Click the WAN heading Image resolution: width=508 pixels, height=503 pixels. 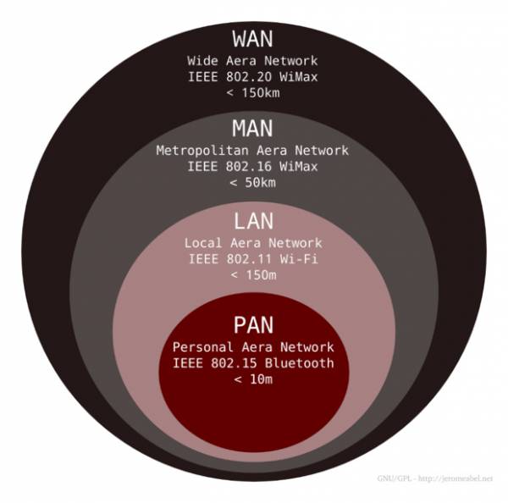pyautogui.click(x=252, y=39)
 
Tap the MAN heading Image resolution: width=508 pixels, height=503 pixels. pyautogui.click(x=252, y=129)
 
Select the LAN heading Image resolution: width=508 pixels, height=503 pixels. pyautogui.click(x=254, y=221)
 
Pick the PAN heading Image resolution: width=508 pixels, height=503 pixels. pyautogui.click(x=254, y=324)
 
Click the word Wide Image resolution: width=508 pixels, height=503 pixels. pyautogui.click(x=202, y=61)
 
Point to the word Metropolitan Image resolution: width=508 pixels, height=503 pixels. pyautogui.click(x=202, y=151)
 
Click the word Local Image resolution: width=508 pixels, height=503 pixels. pyautogui.click(x=203, y=243)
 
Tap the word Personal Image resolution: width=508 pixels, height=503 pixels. pyautogui.click(x=203, y=347)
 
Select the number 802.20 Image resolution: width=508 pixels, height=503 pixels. pyautogui.click(x=249, y=77)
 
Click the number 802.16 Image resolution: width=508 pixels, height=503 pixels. pyautogui.click(x=248, y=167)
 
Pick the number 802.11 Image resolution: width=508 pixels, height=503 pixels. pyautogui.click(x=249, y=259)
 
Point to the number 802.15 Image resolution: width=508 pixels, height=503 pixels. pyautogui.click(x=234, y=363)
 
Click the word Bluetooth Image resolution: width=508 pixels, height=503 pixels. pyautogui.click(x=300, y=363)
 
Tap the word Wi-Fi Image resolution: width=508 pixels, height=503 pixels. pyautogui.click(x=299, y=259)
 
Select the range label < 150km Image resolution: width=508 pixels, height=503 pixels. pyautogui.click(x=253, y=93)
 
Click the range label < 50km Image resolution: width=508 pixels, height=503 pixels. pyautogui.click(x=252, y=182)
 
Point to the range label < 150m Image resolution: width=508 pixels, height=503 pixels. pyautogui.click(x=253, y=275)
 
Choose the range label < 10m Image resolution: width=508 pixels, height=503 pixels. pyautogui.click(x=253, y=379)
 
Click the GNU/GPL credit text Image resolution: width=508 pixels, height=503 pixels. pyautogui.click(x=435, y=478)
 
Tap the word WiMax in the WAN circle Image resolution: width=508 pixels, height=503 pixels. pyautogui.click(x=299, y=77)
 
